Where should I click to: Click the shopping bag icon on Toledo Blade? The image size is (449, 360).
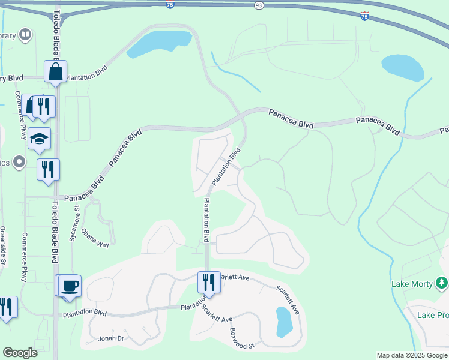click(55, 73)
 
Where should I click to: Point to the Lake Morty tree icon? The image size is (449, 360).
click(441, 282)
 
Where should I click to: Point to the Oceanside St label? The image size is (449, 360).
click(4, 248)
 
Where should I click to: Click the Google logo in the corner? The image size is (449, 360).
click(20, 353)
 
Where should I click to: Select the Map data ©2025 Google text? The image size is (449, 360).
click(411, 355)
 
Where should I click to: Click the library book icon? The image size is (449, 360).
click(25, 34)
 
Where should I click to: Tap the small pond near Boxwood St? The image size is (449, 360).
click(283, 322)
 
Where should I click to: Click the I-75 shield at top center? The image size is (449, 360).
click(170, 4)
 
